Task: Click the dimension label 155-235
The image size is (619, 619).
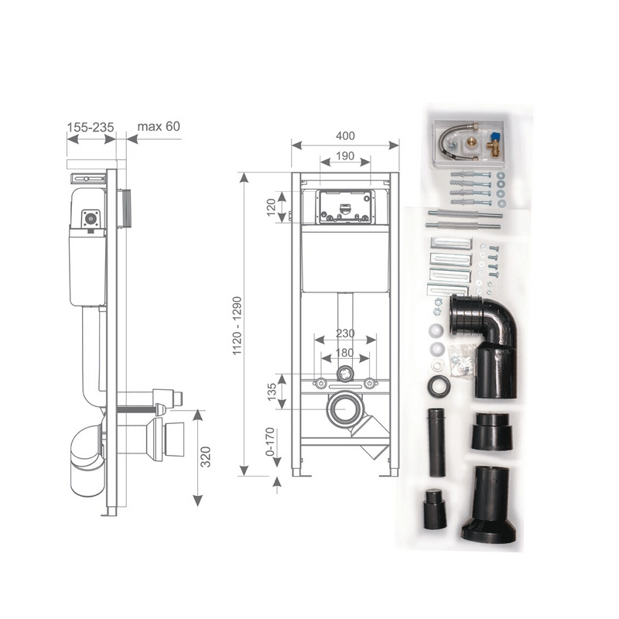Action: coord(91,127)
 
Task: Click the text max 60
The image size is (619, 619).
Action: coord(159,126)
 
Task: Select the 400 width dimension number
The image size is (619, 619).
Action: coord(345,136)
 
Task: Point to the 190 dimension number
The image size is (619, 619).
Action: coord(345,156)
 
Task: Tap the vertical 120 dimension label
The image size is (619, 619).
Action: coord(272,207)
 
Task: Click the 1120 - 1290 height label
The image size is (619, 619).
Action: coord(237,326)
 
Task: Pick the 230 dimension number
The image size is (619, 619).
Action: coord(345,333)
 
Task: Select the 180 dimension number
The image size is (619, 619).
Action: coord(344,353)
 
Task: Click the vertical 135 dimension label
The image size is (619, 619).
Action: coord(272,392)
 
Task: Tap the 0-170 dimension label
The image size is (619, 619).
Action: coord(270,441)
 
